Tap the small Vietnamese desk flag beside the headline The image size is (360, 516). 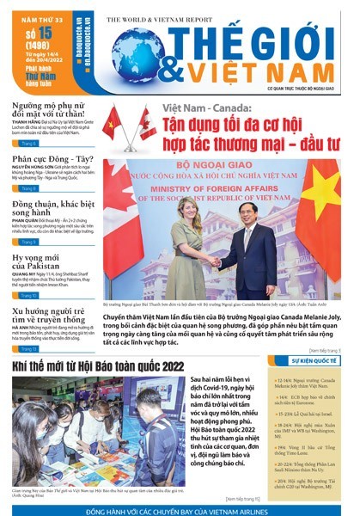[x=113, y=125]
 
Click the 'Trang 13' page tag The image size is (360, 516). [x=27, y=350]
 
